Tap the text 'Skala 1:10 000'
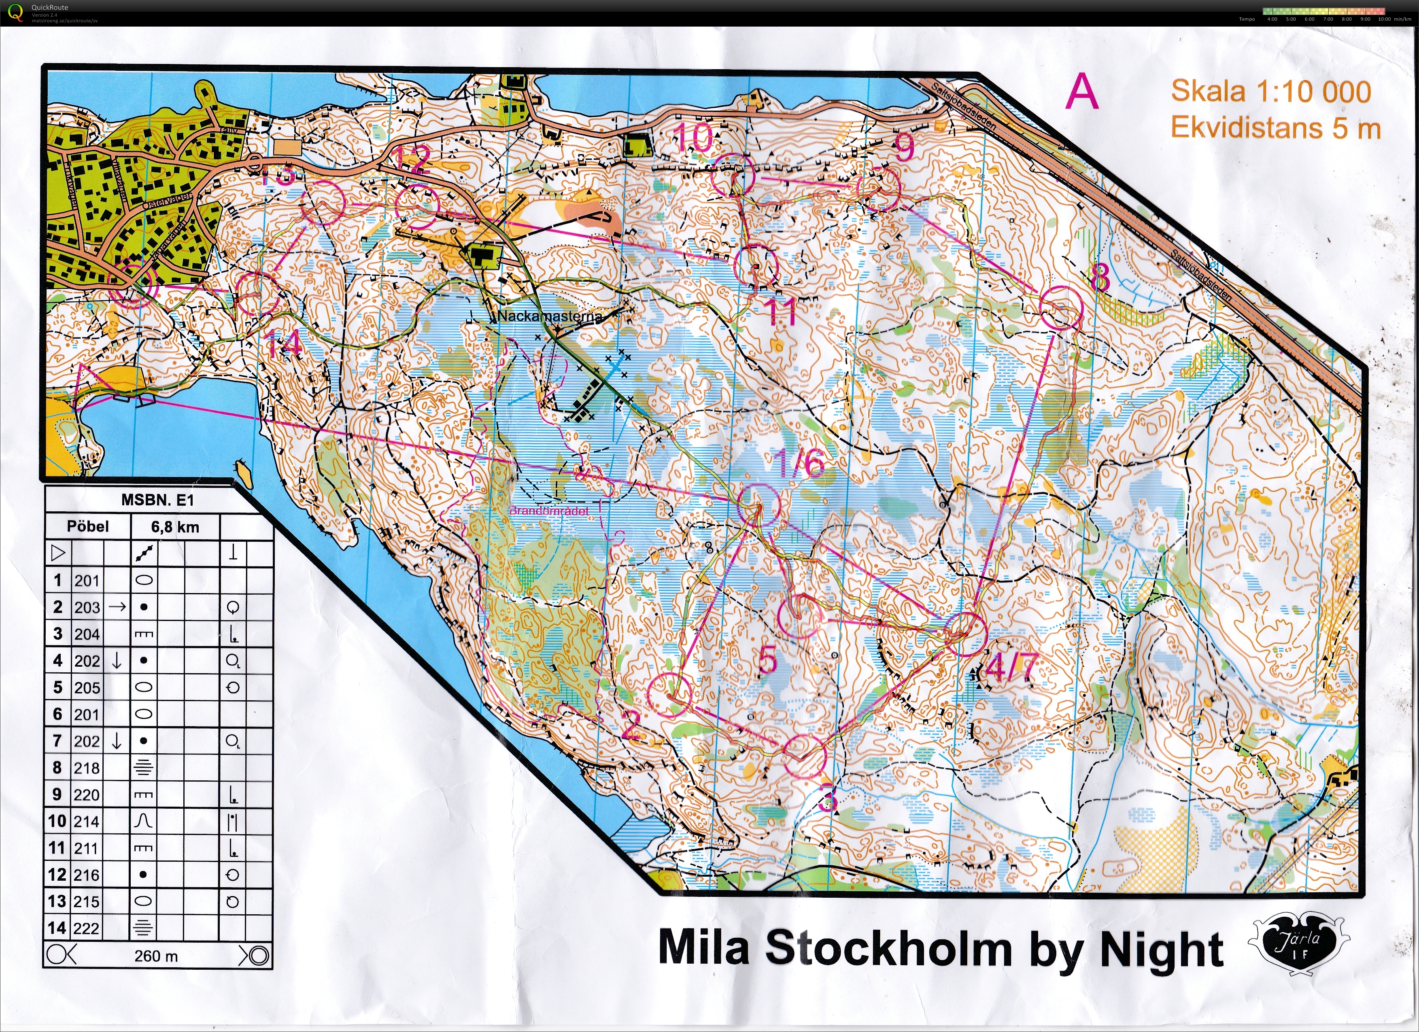pyautogui.click(x=1271, y=91)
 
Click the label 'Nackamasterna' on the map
pyautogui.click(x=549, y=316)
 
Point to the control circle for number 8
pyautogui.click(x=1061, y=308)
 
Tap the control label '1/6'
pyautogui.click(x=799, y=464)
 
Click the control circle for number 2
pyautogui.click(x=669, y=695)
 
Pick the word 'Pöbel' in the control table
pyautogui.click(x=87, y=527)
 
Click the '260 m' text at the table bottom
pyautogui.click(x=156, y=956)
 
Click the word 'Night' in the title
pyautogui.click(x=1161, y=949)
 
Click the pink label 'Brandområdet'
pyautogui.click(x=549, y=511)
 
